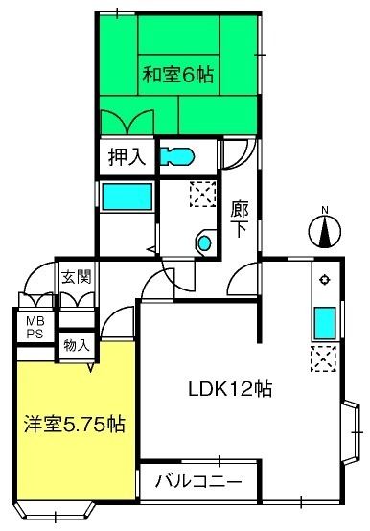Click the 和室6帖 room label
pyautogui.click(x=178, y=75)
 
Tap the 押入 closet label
pyautogui.click(x=127, y=157)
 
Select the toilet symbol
pyautogui.click(x=176, y=156)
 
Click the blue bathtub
pyautogui.click(x=127, y=196)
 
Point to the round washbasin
pyautogui.click(x=205, y=242)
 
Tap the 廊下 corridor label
pyautogui.click(x=240, y=219)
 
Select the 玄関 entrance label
pyautogui.click(x=77, y=277)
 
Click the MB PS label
pyautogui.click(x=35, y=327)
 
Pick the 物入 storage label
pyautogui.click(x=77, y=345)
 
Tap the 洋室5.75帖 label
pyautogui.click(x=75, y=424)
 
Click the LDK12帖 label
pyautogui.click(x=230, y=389)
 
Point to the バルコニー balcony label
pyautogui.click(x=198, y=481)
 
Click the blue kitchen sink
pyautogui.click(x=325, y=323)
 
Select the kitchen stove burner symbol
pyautogui.click(x=325, y=279)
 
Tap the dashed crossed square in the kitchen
pyautogui.click(x=323, y=358)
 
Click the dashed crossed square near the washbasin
pyautogui.click(x=203, y=194)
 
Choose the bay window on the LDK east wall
pyautogui.click(x=351, y=432)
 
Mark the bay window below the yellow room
pyautogui.click(x=56, y=510)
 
